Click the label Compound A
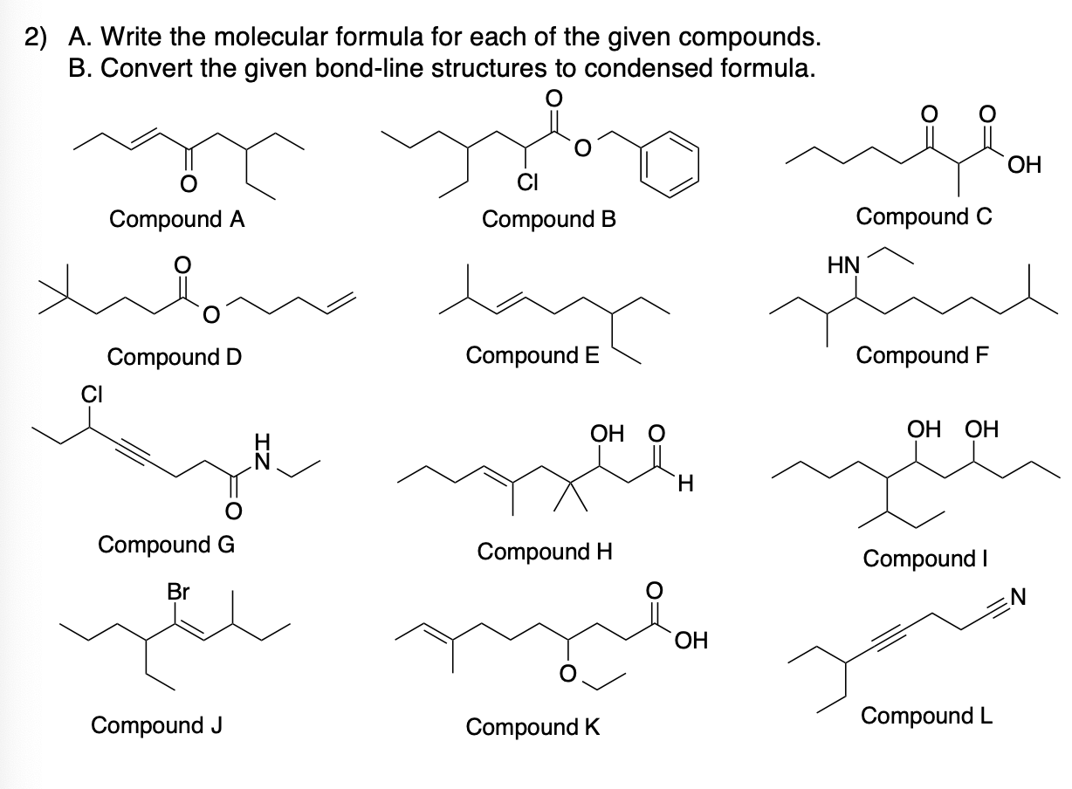pos(176,219)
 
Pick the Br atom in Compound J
pos(179,591)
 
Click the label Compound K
pos(533,726)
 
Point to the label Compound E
pos(533,355)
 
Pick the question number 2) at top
pos(36,38)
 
